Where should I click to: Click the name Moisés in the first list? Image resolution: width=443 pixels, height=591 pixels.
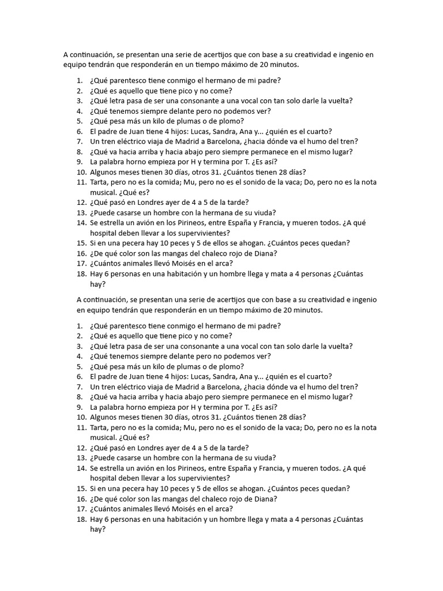(173, 264)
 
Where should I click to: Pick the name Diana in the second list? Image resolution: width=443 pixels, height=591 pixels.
(266, 499)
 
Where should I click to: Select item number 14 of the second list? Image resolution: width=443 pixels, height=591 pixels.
(80, 468)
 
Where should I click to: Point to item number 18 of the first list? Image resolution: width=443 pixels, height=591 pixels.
(80, 274)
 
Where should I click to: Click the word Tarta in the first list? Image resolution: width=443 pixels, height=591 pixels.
(100, 182)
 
